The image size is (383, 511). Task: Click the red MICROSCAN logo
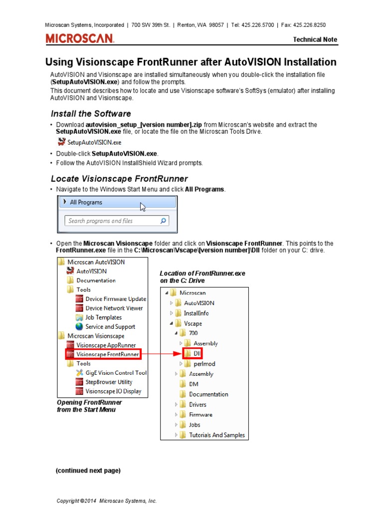coord(80,38)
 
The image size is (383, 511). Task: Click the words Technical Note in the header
coord(315,39)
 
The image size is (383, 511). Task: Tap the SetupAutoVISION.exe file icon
coord(62,142)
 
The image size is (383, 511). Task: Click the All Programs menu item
coord(86,202)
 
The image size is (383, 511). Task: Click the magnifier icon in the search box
coord(163,221)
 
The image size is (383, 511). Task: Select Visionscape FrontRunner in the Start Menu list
coord(107,354)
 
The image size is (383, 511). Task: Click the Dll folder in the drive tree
coord(192,353)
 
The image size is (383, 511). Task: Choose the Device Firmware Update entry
coord(116,299)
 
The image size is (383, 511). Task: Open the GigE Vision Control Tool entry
coord(116,373)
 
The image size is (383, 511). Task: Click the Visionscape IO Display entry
coord(113,391)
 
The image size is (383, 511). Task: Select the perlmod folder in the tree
coord(204,364)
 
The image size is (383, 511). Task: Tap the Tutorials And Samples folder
coord(216,435)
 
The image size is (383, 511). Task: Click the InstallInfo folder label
coord(196,313)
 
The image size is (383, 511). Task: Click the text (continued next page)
coord(88,471)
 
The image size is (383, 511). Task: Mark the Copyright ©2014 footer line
coord(107,501)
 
